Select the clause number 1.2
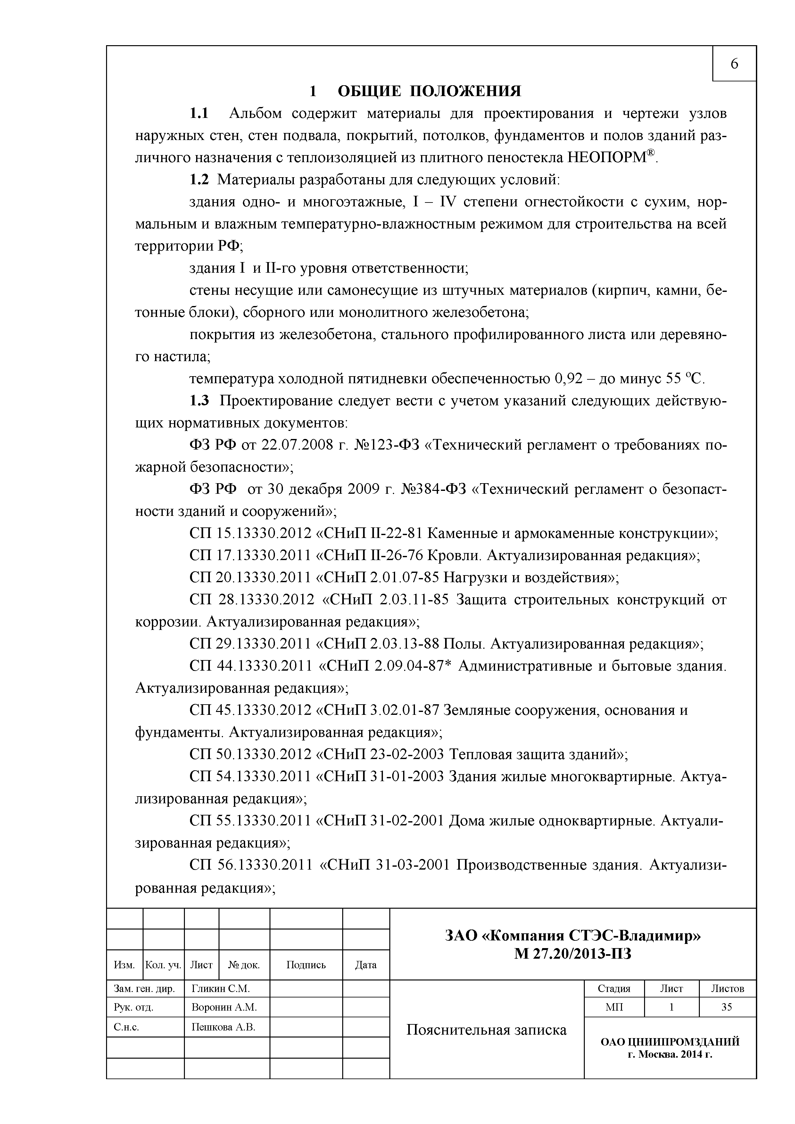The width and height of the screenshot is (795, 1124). point(199,180)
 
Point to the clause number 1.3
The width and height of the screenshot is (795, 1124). point(199,401)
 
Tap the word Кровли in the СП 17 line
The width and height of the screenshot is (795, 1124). point(453,555)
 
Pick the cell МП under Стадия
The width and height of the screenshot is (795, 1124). point(614,1007)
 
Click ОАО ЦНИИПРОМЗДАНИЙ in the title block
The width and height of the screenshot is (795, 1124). point(670,1041)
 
